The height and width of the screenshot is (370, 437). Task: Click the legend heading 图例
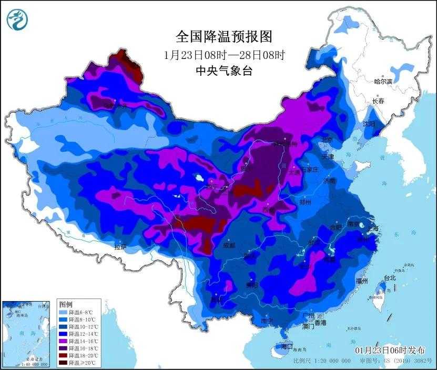coord(66,304)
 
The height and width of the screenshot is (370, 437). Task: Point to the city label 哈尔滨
coord(383,82)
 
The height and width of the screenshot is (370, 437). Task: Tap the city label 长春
coord(378,101)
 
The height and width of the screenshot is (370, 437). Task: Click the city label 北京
coord(327,140)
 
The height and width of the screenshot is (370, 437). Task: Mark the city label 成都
coord(230,245)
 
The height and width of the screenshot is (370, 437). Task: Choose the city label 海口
coord(287,347)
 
